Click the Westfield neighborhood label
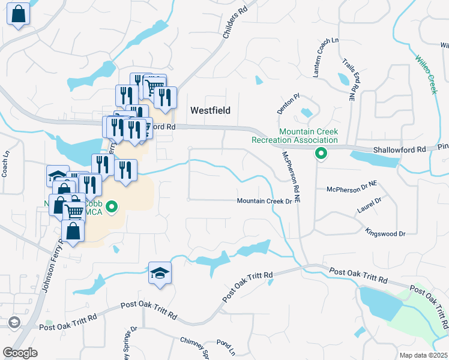point(211,110)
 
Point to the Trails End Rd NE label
point(350,79)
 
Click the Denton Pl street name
point(288,103)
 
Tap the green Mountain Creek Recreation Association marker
point(321,154)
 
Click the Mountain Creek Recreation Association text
point(309,136)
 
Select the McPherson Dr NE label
point(351,189)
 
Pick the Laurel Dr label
point(370,205)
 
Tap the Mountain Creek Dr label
point(264,201)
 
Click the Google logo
point(20,352)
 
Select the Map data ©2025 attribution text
point(423,355)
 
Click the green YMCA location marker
point(111,208)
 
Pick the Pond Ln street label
point(226,346)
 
